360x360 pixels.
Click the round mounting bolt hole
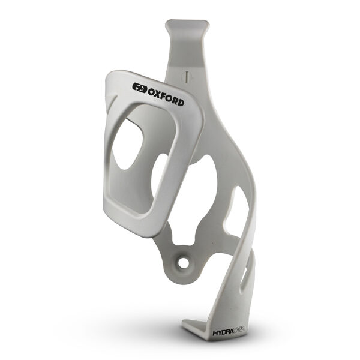(x=180, y=263)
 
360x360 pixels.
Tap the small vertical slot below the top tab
(x=188, y=76)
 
